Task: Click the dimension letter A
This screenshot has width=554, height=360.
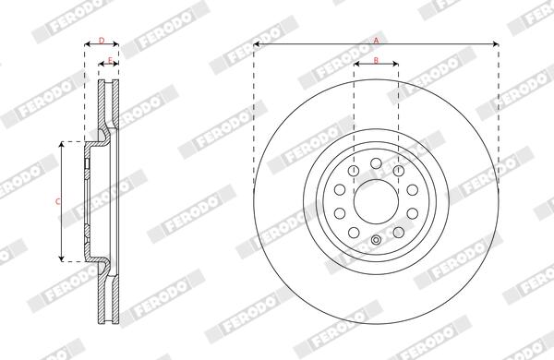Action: pyautogui.click(x=377, y=41)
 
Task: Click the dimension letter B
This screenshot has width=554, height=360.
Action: pyautogui.click(x=376, y=60)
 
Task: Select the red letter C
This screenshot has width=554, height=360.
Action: pyautogui.click(x=58, y=202)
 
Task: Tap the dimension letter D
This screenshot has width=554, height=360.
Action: pyautogui.click(x=102, y=41)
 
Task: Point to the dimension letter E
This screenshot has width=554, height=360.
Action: pyautogui.click(x=110, y=60)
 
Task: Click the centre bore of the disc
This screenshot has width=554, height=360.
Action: pyautogui.click(x=377, y=202)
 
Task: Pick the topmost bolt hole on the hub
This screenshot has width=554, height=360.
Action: pyautogui.click(x=377, y=163)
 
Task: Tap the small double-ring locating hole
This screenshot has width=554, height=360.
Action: pyautogui.click(x=377, y=240)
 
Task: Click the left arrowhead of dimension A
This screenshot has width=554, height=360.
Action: pyautogui.click(x=257, y=44)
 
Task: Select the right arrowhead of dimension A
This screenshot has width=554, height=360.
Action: pyautogui.click(x=495, y=44)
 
